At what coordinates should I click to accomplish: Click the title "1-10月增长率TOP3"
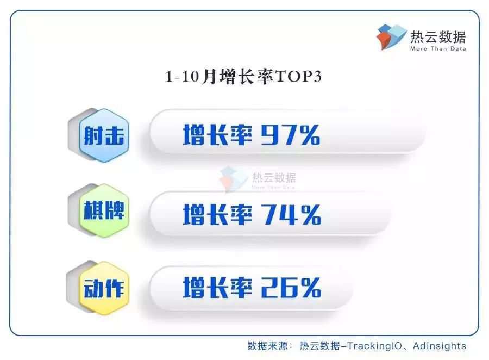coord(243,77)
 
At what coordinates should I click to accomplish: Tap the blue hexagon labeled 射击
coord(104,135)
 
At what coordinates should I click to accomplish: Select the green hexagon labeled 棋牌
coord(104,210)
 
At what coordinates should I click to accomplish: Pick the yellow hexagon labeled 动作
coord(104,288)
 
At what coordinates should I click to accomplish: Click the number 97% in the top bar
coord(290,135)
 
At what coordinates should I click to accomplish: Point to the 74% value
coord(291,214)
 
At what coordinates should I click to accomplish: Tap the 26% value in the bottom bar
coord(291,288)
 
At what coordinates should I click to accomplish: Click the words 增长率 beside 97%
coord(218,135)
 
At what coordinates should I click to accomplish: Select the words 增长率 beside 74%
coord(218,214)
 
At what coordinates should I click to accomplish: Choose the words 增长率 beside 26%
coord(218,288)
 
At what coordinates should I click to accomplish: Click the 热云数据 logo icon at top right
coord(391,37)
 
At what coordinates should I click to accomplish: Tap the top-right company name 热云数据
coord(438,37)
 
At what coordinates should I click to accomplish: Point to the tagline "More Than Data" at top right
coord(438,49)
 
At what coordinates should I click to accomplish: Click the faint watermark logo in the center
coord(258,179)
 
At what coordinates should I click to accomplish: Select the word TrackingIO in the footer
coord(374,346)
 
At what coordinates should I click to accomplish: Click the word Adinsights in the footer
coord(440,346)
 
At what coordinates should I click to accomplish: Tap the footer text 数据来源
coord(267,346)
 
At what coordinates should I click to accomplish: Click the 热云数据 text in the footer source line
coord(319,346)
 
